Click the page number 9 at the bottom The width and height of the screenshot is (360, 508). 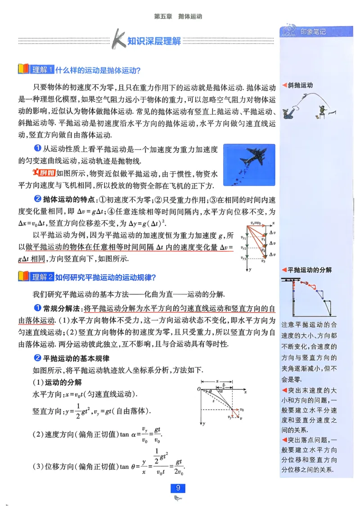178,488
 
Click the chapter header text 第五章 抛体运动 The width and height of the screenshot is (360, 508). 178,16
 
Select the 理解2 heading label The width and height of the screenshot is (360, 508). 42,277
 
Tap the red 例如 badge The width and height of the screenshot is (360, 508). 45,174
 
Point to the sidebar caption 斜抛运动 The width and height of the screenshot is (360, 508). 300,85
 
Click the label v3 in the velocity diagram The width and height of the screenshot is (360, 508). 264,261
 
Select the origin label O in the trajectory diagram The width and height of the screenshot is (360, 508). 198,389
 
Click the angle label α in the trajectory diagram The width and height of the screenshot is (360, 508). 220,391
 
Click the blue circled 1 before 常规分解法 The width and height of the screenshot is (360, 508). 38,308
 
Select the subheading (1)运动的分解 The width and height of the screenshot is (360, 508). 57,383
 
